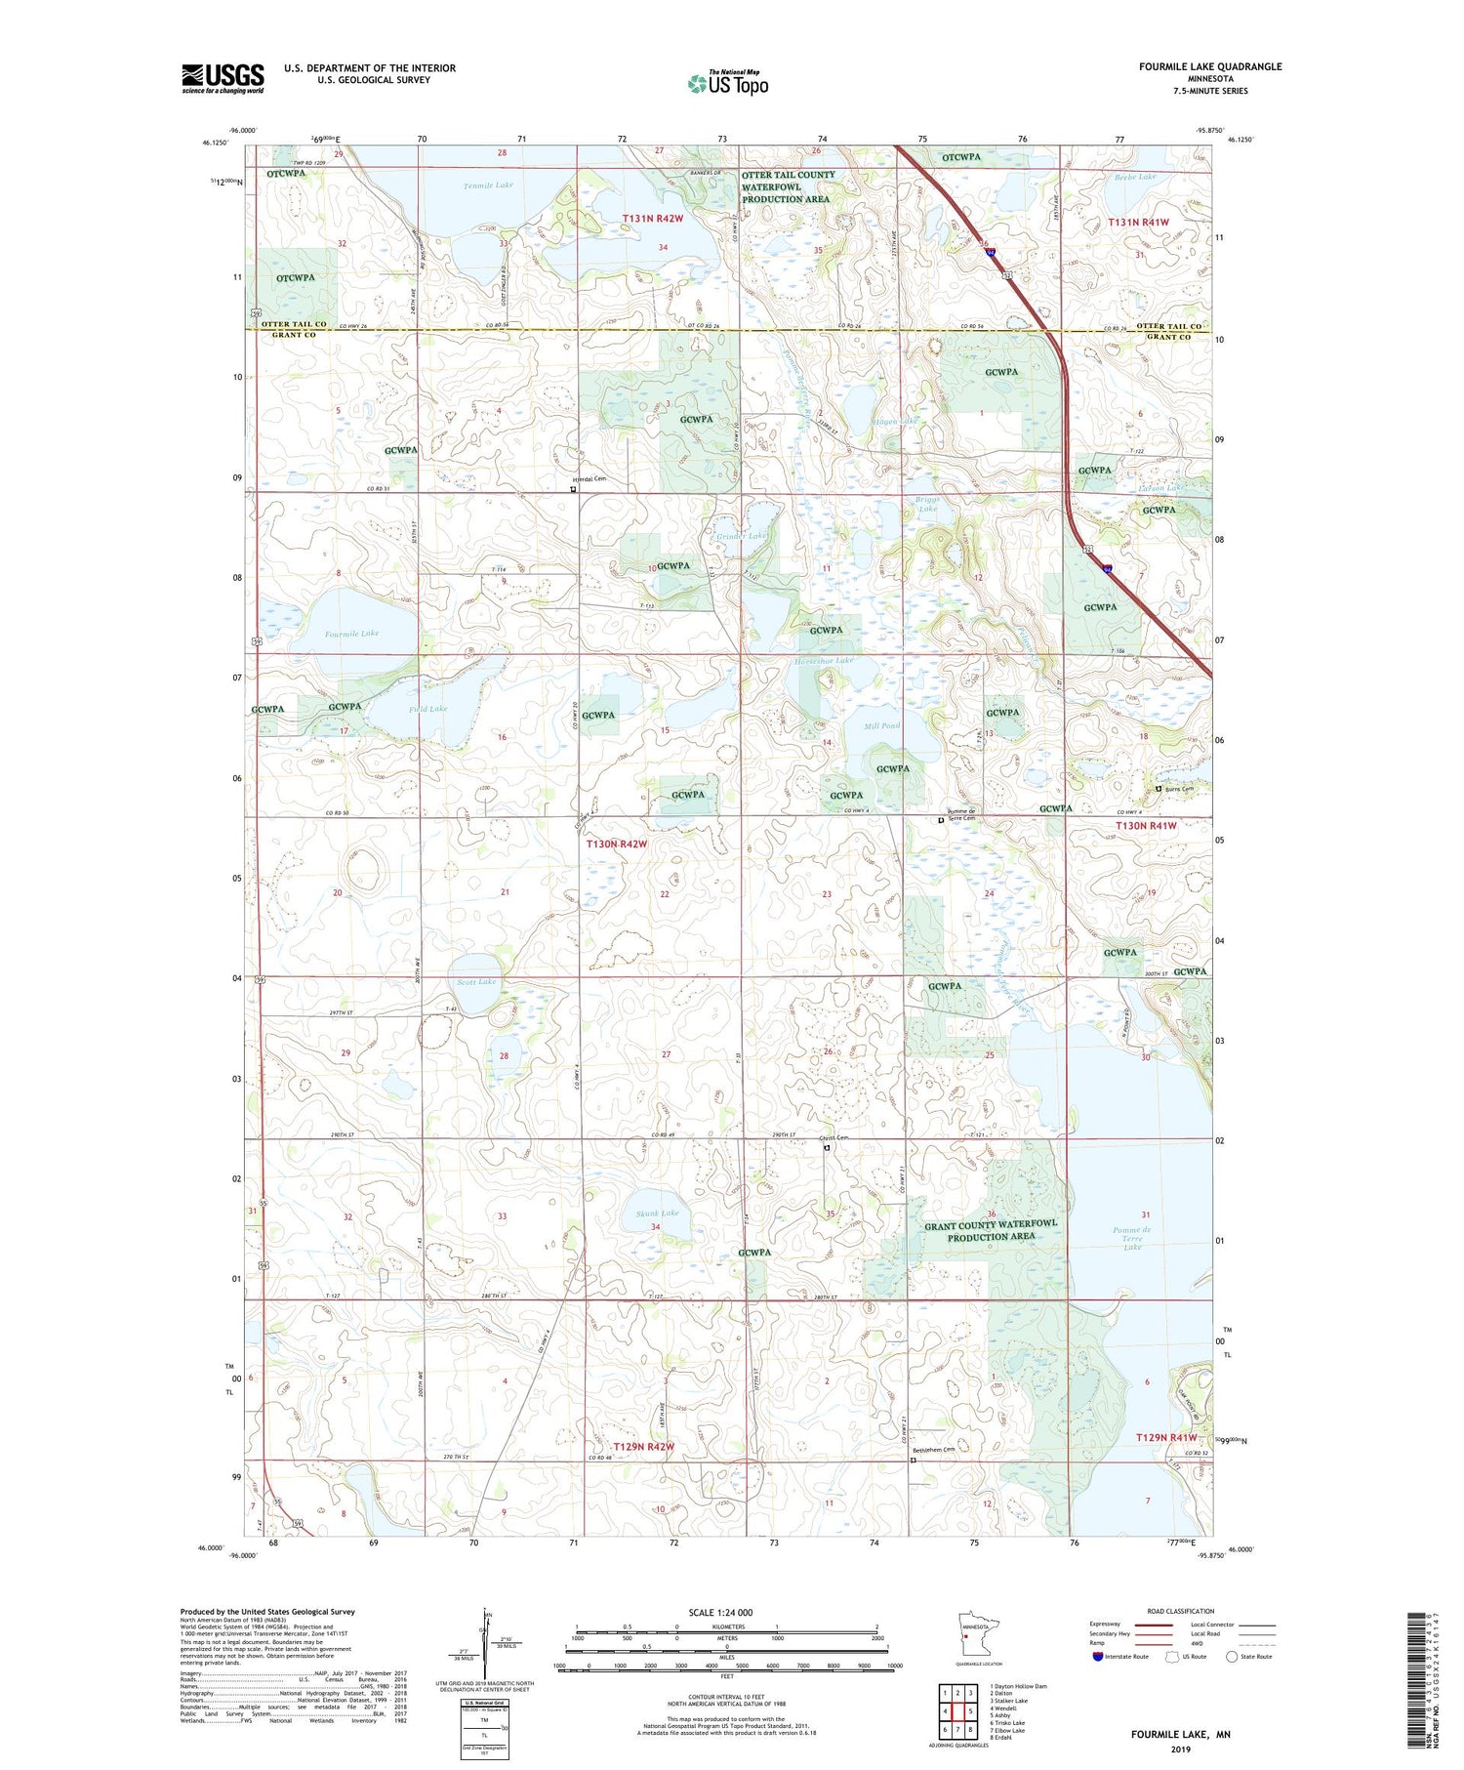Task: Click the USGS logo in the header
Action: (223, 78)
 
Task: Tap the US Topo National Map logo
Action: (727, 83)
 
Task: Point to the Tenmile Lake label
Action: (488, 185)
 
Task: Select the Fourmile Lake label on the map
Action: (351, 634)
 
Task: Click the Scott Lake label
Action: (476, 981)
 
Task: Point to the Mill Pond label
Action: (881, 725)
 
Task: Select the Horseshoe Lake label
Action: (824, 661)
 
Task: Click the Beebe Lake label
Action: (1135, 177)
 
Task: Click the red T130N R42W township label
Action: (617, 844)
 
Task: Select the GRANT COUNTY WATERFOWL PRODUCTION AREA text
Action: (991, 1229)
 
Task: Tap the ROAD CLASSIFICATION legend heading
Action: (1181, 1611)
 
